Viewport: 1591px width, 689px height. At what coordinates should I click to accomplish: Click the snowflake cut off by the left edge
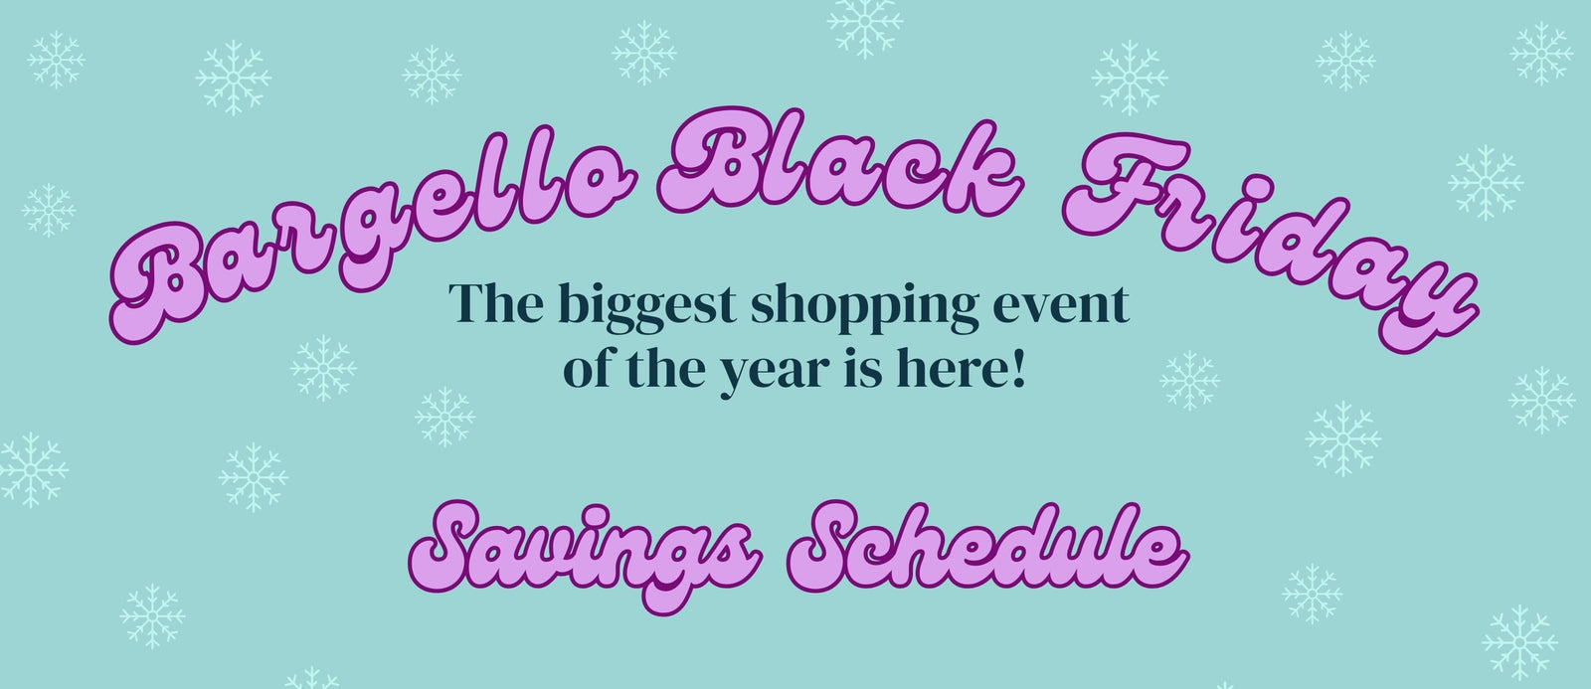click(x=33, y=469)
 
